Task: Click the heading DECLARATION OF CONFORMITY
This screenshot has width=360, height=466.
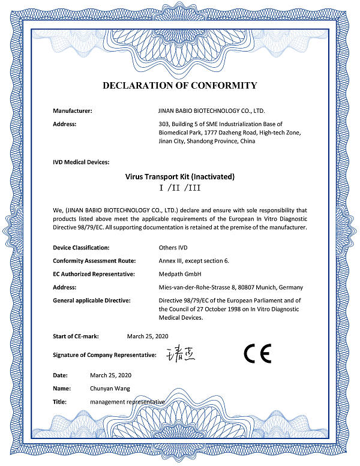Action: [x=180, y=85]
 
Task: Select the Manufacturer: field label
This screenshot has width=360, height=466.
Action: [x=73, y=111]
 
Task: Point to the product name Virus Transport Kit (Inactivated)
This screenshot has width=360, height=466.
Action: [x=179, y=177]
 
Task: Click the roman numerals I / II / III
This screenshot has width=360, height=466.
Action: [x=179, y=188]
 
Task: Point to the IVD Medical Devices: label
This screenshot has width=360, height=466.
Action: [x=81, y=162]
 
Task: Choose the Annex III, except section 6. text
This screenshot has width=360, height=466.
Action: [x=194, y=260]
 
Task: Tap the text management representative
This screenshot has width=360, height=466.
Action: [x=127, y=402]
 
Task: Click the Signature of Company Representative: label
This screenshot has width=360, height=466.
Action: [x=104, y=356]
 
